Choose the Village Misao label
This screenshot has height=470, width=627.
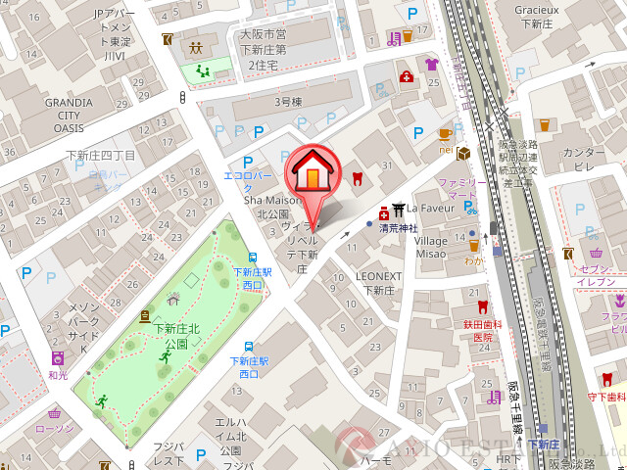point(431,247)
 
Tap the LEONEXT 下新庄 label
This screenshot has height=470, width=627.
point(379,283)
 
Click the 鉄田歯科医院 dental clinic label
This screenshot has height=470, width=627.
point(482,330)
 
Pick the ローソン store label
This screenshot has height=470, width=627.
point(54,428)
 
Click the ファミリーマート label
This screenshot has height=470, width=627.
point(461,189)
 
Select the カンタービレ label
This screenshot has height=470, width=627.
point(584,160)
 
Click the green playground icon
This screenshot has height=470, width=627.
point(204,70)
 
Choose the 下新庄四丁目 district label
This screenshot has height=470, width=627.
point(100,156)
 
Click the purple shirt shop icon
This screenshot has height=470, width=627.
point(431,65)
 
